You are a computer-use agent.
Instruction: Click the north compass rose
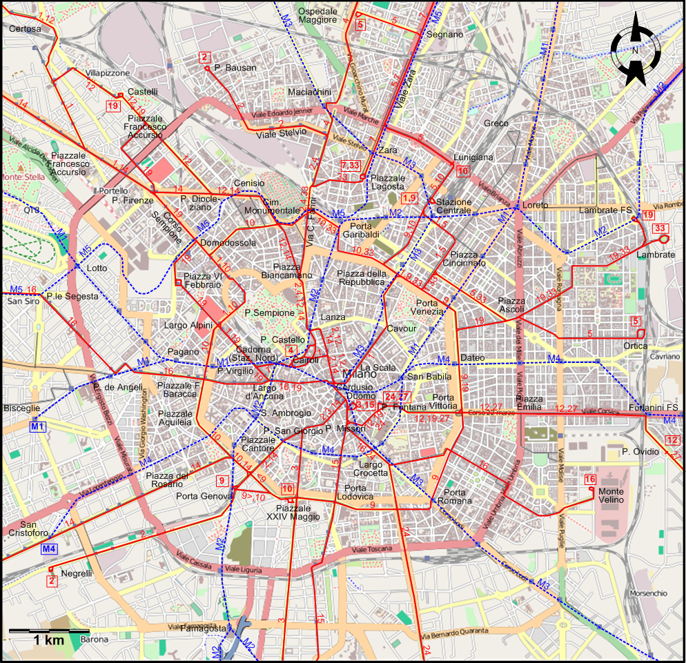636,51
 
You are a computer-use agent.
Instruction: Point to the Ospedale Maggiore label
317,16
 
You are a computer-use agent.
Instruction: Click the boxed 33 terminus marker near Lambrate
660,228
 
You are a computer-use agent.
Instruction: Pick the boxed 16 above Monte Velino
589,480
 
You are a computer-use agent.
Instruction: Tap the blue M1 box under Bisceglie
37,427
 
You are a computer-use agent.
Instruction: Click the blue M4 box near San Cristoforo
48,549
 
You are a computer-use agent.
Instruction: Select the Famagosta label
203,629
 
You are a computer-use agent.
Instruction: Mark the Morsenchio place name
648,593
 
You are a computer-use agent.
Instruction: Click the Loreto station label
535,205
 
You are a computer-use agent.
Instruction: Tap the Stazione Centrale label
453,206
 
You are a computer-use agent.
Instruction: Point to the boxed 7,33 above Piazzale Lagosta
351,166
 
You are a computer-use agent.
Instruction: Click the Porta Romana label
455,497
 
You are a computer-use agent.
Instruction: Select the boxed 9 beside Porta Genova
222,481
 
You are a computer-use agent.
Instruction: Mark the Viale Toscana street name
373,551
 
